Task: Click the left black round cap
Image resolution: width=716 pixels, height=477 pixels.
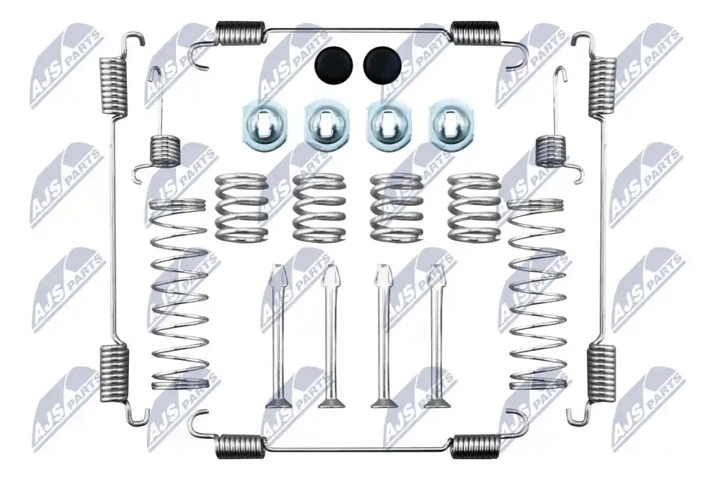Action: pyautogui.click(x=335, y=66)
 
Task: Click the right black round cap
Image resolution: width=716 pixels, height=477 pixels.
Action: pyautogui.click(x=382, y=66)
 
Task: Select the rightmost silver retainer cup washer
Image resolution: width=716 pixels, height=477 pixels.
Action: pyautogui.click(x=450, y=124)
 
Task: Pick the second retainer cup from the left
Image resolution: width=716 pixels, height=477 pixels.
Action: pyautogui.click(x=327, y=126)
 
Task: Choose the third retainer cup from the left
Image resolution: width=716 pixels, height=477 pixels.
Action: pyautogui.click(x=388, y=126)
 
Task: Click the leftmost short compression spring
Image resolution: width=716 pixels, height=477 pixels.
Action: pyautogui.click(x=242, y=207)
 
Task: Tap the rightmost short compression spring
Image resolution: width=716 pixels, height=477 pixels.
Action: pyautogui.click(x=474, y=207)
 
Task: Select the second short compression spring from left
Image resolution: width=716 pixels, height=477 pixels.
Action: pyautogui.click(x=318, y=207)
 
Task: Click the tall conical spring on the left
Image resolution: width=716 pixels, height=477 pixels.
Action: pyautogui.click(x=178, y=294)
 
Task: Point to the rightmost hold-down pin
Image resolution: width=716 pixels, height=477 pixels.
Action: pyautogui.click(x=438, y=335)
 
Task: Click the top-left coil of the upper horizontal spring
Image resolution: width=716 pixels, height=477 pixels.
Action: pyautogui.click(x=239, y=34)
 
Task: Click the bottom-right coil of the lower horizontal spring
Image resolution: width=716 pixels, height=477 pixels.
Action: pyautogui.click(x=475, y=446)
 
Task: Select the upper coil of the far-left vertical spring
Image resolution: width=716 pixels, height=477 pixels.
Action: pyautogui.click(x=113, y=86)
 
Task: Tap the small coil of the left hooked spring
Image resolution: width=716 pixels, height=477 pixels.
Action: pyautogui.click(x=166, y=151)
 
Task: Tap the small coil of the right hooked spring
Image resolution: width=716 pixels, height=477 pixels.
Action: pyautogui.click(x=550, y=151)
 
